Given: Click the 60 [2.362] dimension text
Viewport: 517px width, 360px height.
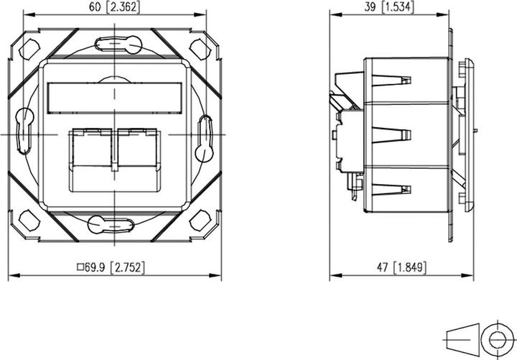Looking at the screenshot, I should tap(113, 9).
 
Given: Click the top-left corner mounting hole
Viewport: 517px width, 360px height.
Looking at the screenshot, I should tap(29, 50).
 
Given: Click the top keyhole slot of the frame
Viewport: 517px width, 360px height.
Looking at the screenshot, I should tap(113, 45).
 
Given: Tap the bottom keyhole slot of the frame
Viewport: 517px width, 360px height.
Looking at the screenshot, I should tap(113, 224).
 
